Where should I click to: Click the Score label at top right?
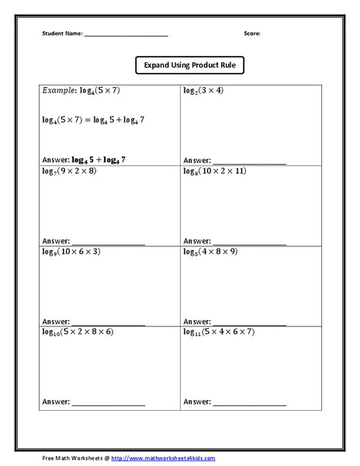pyautogui.click(x=252, y=34)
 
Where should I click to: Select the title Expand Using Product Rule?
pyautogui.click(x=189, y=66)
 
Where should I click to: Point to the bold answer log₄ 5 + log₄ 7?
pyautogui.click(x=98, y=158)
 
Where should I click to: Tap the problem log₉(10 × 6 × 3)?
pyautogui.click(x=71, y=252)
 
